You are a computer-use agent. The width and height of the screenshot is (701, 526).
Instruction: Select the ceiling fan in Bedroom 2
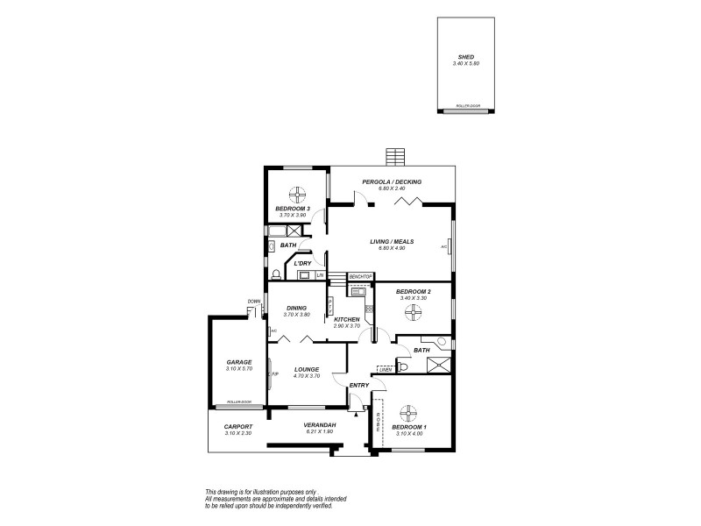tap(407, 310)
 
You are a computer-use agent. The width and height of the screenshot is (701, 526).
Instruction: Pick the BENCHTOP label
tap(361, 276)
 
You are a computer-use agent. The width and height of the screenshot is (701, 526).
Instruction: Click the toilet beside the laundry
tap(276, 273)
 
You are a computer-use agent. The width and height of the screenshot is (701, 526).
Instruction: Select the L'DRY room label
tap(303, 263)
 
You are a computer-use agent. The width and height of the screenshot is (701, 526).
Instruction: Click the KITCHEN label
tap(347, 319)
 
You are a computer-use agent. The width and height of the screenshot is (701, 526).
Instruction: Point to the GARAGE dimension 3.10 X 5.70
tap(238, 368)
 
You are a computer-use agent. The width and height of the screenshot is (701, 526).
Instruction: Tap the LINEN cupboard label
tap(384, 369)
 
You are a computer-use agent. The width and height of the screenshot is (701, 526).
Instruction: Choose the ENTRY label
tap(359, 385)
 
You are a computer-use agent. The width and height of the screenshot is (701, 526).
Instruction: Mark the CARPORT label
tap(238, 427)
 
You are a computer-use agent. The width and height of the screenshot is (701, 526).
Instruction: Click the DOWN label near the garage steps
tap(254, 302)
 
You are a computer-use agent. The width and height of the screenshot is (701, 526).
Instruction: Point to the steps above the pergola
tap(396, 157)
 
